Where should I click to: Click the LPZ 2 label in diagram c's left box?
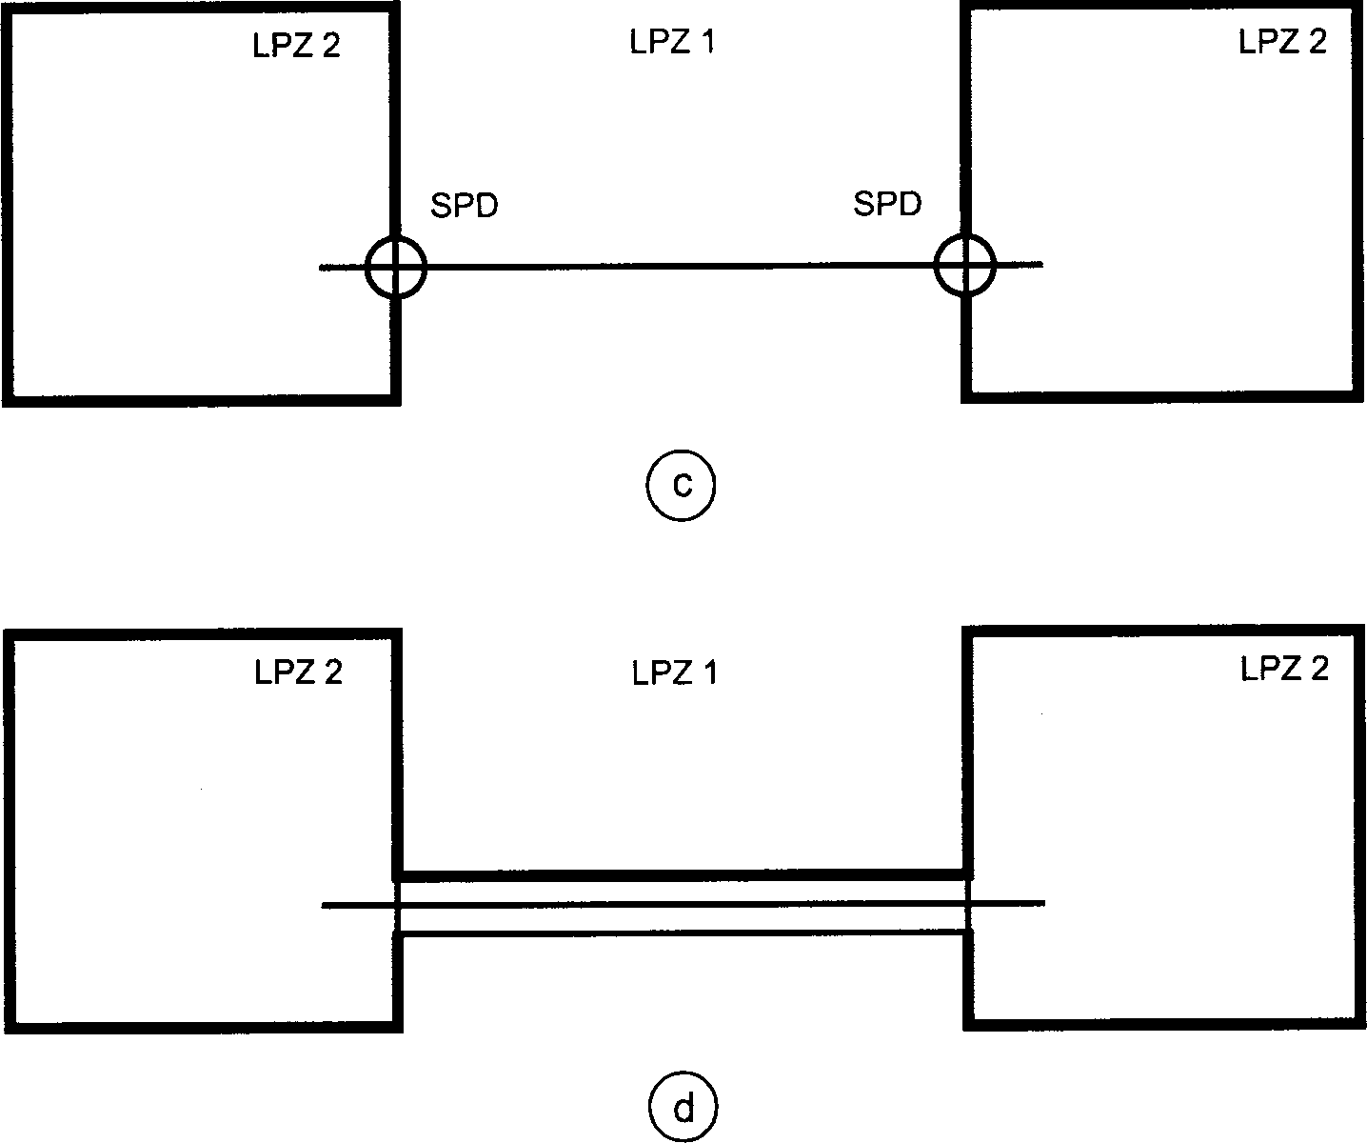click(x=296, y=47)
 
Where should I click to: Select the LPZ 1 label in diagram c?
click(x=672, y=43)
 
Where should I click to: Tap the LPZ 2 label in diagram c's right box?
click(x=1281, y=42)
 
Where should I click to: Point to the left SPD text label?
click(x=464, y=206)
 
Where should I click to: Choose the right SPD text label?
click(x=887, y=204)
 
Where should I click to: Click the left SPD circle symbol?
click(x=396, y=268)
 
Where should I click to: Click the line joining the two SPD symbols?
click(x=681, y=267)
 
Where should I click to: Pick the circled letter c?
click(x=681, y=487)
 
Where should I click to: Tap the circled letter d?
click(x=683, y=1109)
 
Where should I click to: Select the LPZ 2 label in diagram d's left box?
click(x=298, y=672)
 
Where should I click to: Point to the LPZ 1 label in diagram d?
click(x=674, y=673)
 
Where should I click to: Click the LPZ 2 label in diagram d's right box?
click(x=1284, y=669)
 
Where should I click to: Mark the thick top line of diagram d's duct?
click(x=682, y=874)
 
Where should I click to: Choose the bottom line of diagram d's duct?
click(x=682, y=933)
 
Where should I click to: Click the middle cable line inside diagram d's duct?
click(x=682, y=904)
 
